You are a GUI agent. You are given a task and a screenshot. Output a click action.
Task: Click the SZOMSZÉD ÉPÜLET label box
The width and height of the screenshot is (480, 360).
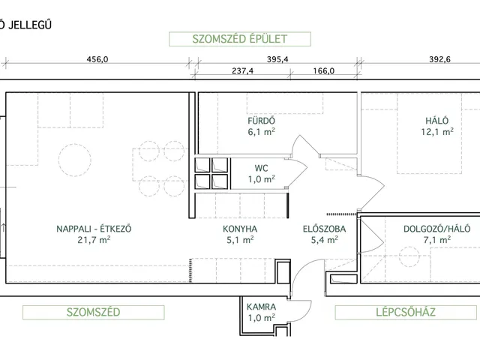240,39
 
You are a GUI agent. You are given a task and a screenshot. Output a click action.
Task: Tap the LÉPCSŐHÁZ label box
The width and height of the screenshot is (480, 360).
406,312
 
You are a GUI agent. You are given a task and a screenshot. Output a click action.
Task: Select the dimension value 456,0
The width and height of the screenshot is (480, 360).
97,59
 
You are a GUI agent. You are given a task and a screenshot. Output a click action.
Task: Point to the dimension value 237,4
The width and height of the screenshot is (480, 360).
242,71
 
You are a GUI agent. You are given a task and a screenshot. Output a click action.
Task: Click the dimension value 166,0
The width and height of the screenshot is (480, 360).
323,71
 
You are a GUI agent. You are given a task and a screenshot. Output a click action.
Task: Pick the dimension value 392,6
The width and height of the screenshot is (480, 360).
439,59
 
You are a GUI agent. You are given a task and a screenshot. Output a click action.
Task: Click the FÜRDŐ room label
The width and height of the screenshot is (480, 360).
262,121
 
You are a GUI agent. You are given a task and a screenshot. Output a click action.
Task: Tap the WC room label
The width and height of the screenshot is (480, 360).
262,168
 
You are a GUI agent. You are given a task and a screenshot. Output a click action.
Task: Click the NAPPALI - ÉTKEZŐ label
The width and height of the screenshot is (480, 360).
94,229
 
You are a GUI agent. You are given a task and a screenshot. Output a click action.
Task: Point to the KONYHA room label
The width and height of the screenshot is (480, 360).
240,229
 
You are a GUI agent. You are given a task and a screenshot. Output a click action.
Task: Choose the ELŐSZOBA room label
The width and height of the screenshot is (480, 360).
325,229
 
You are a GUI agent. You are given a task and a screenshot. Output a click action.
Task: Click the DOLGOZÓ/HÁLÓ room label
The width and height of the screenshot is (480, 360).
436,229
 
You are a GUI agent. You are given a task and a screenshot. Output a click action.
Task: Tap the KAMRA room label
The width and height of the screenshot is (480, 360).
262,307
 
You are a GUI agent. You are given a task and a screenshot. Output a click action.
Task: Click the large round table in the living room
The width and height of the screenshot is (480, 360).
75,160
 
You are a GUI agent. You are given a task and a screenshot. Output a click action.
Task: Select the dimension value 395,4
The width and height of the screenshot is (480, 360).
277,59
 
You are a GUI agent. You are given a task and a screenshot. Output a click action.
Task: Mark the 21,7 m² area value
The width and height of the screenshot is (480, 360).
94,240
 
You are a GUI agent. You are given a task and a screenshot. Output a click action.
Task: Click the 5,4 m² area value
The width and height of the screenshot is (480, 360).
325,240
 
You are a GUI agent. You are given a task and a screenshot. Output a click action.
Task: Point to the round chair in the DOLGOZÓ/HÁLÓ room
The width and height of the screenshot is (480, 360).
409,257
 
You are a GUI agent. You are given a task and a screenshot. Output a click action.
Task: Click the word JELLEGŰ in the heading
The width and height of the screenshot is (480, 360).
30,25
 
